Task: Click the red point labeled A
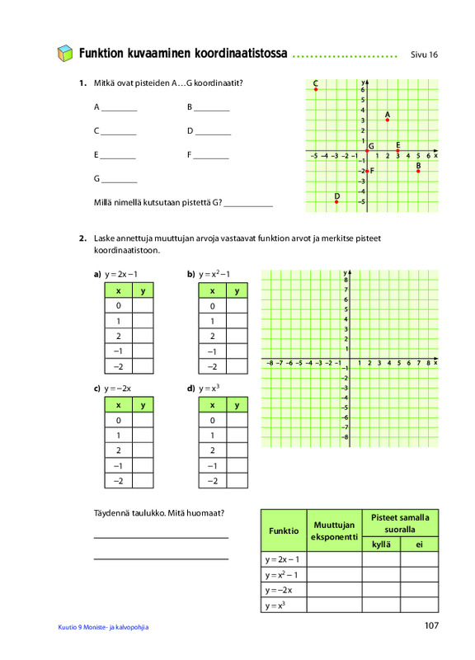click(388, 120)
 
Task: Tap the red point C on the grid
click(316, 89)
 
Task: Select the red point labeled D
click(336, 202)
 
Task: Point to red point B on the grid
click(418, 172)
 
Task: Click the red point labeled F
click(367, 172)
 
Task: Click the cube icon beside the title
click(65, 54)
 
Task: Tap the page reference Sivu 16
click(424, 54)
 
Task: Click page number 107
click(431, 625)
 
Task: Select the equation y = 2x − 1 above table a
click(121, 275)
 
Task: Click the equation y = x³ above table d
click(209, 388)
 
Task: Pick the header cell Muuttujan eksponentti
click(335, 530)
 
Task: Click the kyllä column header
click(381, 544)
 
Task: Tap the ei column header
click(419, 544)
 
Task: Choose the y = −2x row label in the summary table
click(279, 590)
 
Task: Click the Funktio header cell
click(284, 530)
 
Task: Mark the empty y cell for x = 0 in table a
click(143, 305)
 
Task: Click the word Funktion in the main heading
click(101, 54)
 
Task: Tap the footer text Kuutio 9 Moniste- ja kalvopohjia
click(103, 627)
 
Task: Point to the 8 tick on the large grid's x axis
click(428, 363)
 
